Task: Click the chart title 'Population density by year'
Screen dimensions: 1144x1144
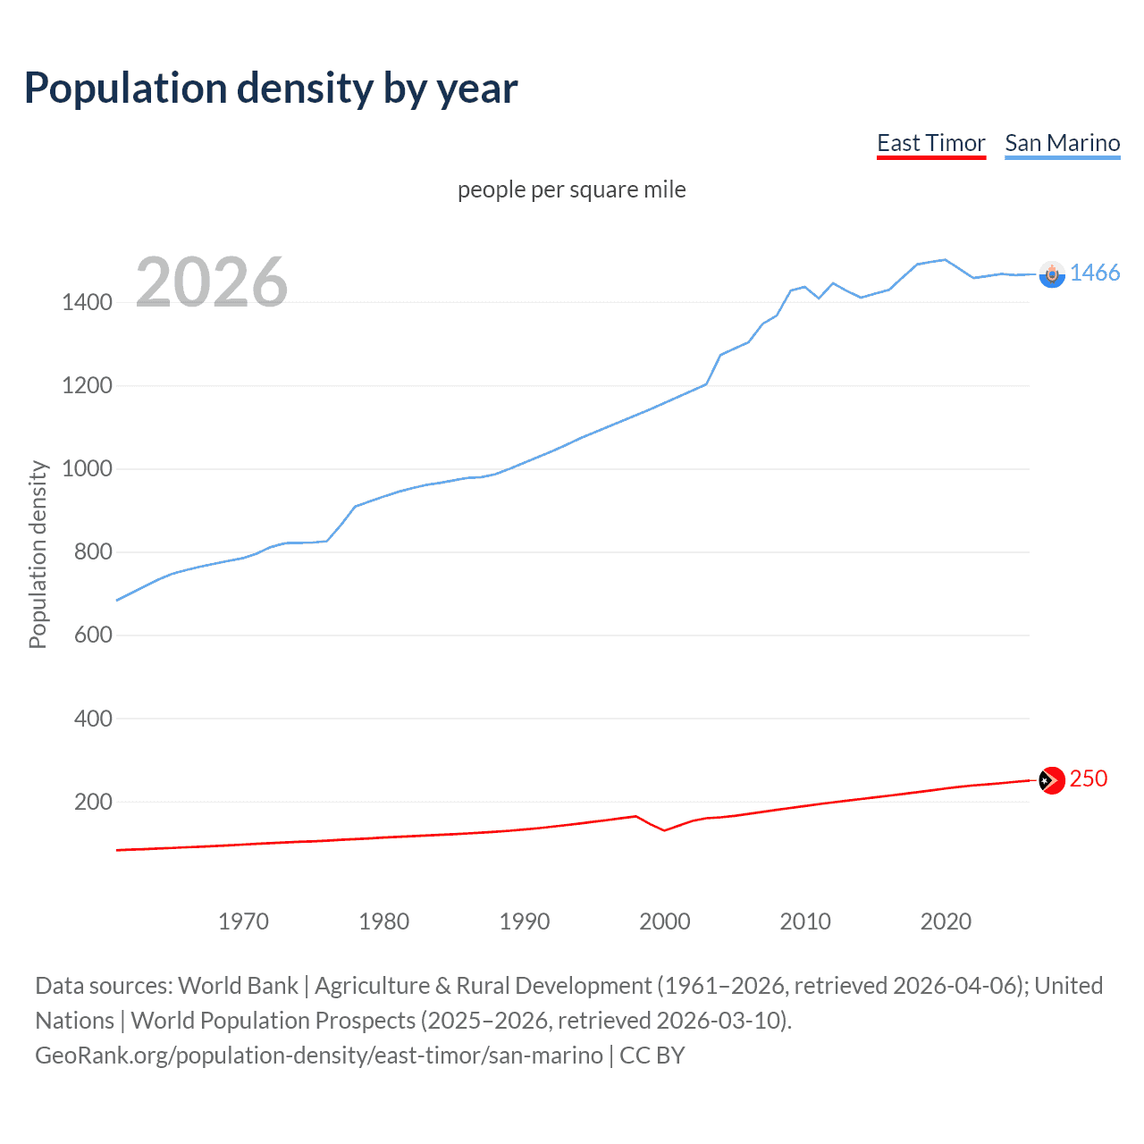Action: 271,88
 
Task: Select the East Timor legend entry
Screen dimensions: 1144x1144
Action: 930,143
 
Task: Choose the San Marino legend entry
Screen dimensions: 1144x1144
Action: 1062,143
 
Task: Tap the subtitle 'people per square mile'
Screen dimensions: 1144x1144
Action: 571,189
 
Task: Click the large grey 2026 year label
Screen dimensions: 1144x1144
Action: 212,282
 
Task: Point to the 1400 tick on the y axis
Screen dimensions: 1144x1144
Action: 87,302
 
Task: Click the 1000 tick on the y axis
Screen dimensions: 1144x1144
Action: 87,468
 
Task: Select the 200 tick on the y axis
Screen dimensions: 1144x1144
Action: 93,802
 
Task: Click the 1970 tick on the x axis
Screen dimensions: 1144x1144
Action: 243,921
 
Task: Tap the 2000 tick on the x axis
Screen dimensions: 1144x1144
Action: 664,921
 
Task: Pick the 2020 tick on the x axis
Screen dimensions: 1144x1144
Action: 946,921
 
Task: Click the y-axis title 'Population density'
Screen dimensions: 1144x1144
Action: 38,554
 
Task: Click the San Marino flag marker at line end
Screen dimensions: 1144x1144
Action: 1052,274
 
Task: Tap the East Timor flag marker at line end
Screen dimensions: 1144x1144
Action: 1052,780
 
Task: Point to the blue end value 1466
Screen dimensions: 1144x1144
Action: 1094,273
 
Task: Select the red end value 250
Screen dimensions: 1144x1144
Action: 1088,778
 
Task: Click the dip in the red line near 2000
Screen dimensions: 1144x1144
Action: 664,830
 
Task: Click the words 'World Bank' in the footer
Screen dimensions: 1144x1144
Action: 238,986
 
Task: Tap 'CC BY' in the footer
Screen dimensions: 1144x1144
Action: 652,1056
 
